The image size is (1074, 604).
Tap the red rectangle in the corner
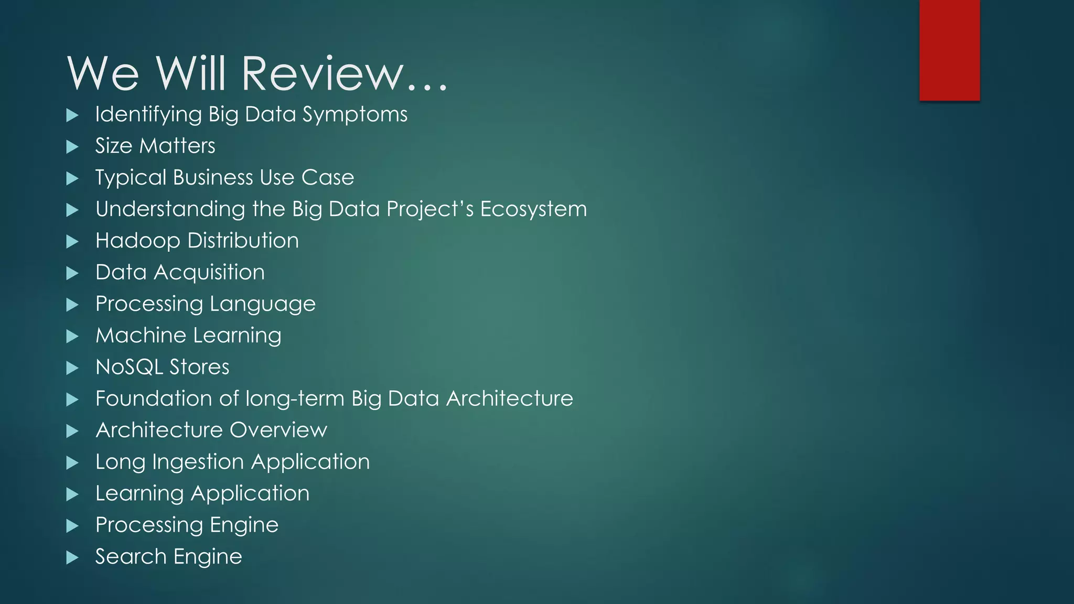[949, 50]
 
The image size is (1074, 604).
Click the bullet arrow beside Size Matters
[72, 147]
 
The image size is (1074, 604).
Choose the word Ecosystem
[533, 209]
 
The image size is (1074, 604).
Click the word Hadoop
[138, 241]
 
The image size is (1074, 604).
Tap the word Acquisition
[209, 273]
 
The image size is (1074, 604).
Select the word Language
[263, 305]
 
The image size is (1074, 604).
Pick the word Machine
[141, 336]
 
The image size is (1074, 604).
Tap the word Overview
[278, 430]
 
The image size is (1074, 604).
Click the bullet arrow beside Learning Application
[72, 494]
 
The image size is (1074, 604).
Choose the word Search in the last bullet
[131, 557]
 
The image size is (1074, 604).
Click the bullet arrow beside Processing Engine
[72, 526]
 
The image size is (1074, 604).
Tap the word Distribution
[243, 241]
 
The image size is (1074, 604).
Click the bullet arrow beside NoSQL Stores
[72, 368]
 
